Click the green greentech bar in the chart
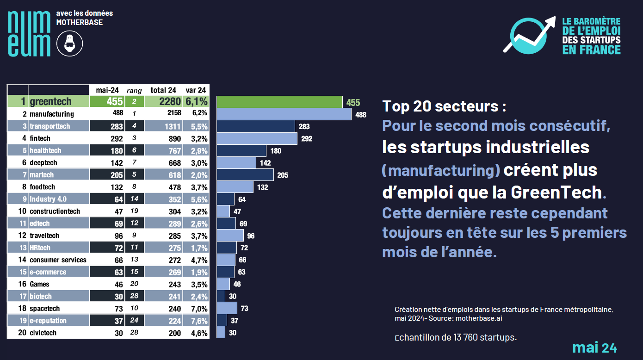[x=279, y=102]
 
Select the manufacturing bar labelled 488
[x=284, y=114]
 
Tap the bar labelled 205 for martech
[x=245, y=174]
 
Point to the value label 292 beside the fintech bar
[x=307, y=138]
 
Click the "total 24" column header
[x=163, y=90]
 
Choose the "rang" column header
[x=134, y=90]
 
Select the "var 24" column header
[x=196, y=90]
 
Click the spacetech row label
[x=45, y=309]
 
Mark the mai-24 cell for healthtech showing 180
[x=117, y=151]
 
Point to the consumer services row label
[x=58, y=260]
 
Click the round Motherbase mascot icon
[x=69, y=44]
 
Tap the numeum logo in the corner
[x=29, y=33]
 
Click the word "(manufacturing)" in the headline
[x=441, y=170]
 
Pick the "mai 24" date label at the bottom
[x=594, y=348]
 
